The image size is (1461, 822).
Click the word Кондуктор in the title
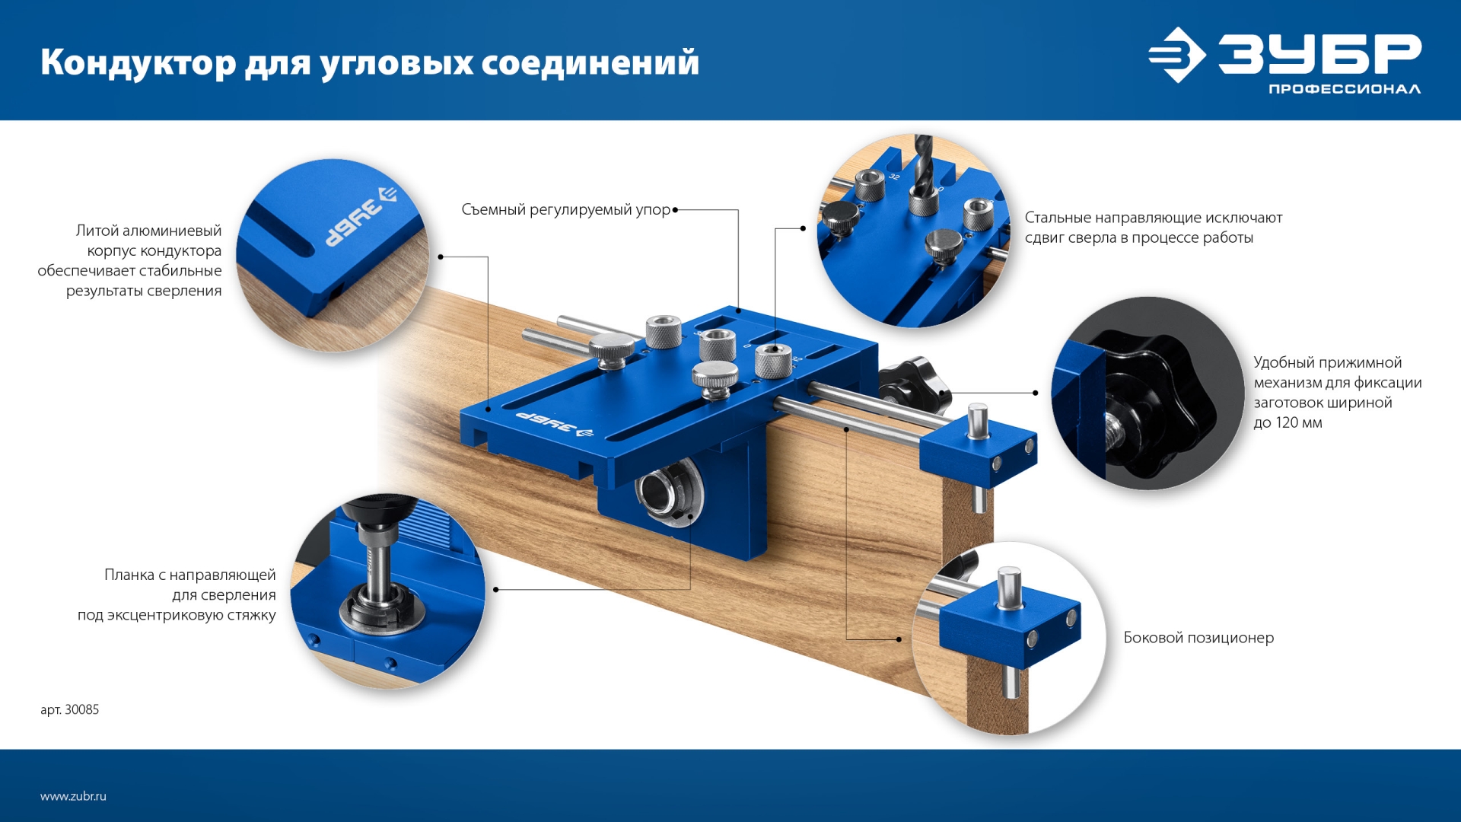coord(138,62)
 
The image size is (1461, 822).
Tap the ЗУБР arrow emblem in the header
coord(1176,55)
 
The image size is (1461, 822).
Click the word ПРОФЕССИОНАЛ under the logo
coord(1344,89)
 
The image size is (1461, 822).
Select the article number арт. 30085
coord(69,709)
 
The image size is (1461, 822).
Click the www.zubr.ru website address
coord(73,796)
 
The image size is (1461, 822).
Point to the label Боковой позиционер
coord(1198,638)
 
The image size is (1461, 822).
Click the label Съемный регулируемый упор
coord(565,209)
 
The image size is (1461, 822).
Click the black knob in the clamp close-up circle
coord(1157,407)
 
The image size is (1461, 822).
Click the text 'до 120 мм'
coord(1288,423)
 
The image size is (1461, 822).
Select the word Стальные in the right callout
coord(1057,218)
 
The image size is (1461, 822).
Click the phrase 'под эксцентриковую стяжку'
coord(177,615)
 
